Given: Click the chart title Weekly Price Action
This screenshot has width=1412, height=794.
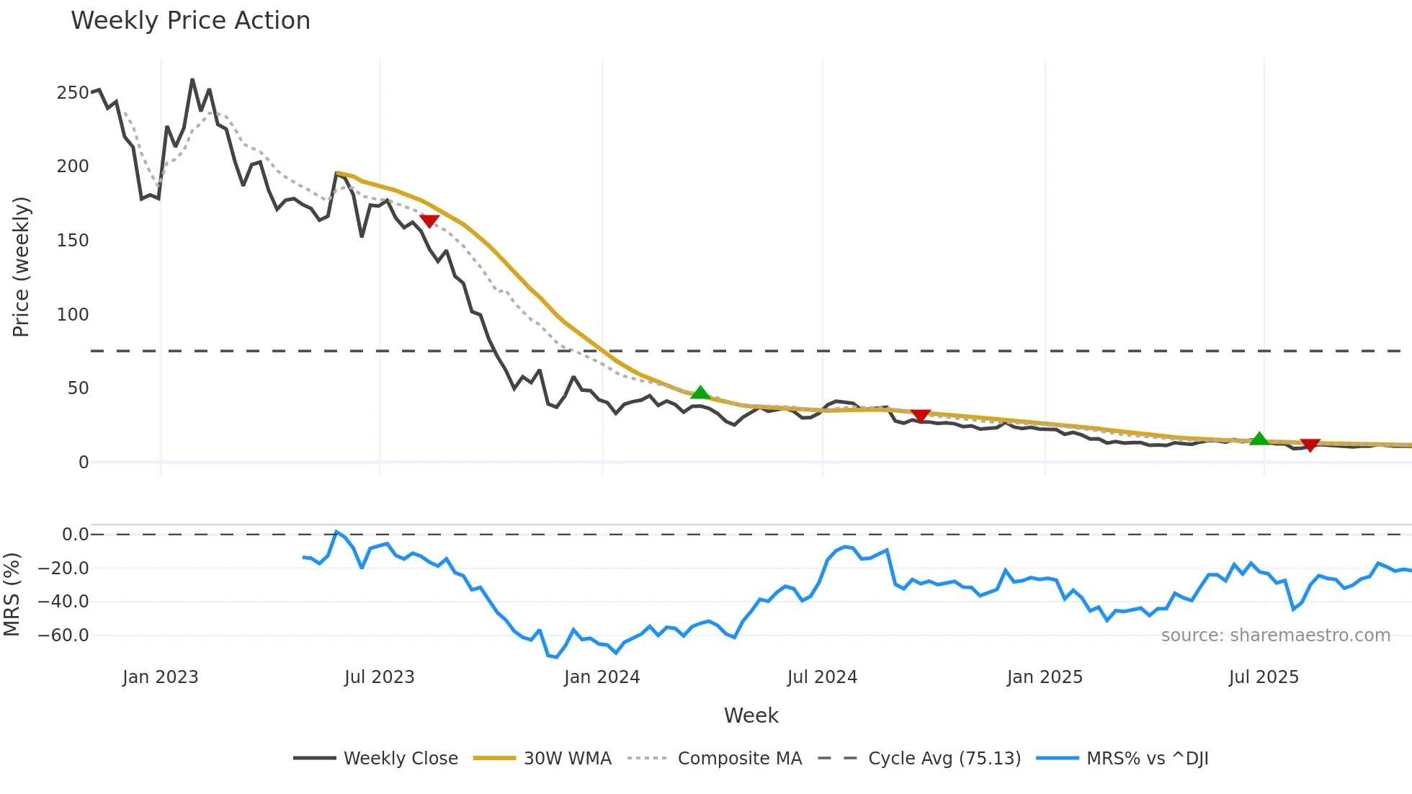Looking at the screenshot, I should (x=190, y=21).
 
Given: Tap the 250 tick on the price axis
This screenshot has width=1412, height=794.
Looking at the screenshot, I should (x=72, y=93).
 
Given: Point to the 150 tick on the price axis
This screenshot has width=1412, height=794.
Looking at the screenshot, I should (x=72, y=241).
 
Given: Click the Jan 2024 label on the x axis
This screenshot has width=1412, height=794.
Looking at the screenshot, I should (x=602, y=677).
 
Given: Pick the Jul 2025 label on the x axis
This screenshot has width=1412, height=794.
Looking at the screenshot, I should (x=1264, y=677).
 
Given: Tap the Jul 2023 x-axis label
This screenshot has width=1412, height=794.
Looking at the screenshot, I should (x=379, y=677).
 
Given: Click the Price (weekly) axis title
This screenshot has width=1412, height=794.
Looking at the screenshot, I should (x=21, y=267).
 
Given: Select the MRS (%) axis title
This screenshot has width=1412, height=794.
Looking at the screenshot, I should (x=12, y=594).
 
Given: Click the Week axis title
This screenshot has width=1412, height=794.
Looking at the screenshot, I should (x=751, y=715).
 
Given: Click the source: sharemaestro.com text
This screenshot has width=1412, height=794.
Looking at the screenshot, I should (x=1275, y=635).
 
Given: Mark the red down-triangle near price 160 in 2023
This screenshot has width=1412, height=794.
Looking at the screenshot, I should (x=429, y=221).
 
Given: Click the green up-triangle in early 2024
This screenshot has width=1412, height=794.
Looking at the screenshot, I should (x=700, y=393).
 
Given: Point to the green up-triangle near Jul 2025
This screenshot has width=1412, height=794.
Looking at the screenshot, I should (x=1259, y=439).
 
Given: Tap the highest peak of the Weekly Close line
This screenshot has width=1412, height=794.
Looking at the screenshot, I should (x=192, y=79).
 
